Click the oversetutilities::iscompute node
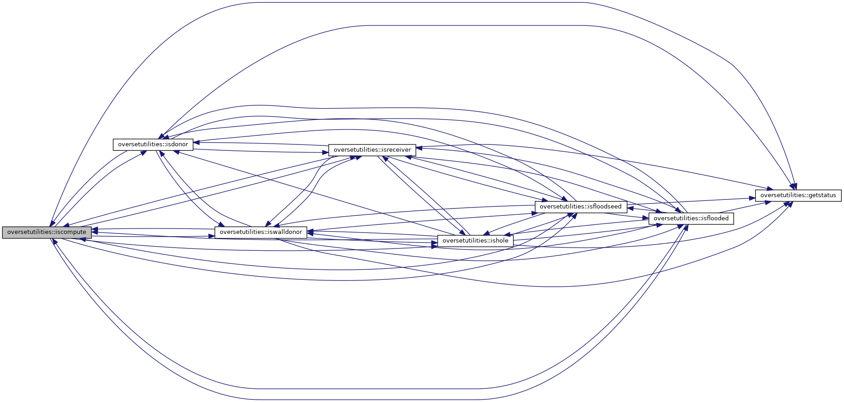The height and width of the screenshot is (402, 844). (x=47, y=232)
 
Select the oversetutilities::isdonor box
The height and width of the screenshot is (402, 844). (x=153, y=144)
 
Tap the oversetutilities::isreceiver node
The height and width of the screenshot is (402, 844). (x=372, y=150)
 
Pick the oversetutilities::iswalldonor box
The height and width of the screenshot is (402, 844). (x=261, y=232)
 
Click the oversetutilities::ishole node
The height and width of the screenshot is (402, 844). (x=475, y=241)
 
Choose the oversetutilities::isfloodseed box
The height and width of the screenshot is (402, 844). (x=581, y=207)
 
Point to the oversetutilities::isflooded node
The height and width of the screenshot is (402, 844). (x=691, y=218)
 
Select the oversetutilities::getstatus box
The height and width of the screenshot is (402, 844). (x=798, y=195)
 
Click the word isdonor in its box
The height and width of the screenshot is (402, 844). (x=177, y=144)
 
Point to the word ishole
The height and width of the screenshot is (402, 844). (x=499, y=241)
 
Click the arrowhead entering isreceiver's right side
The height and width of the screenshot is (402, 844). (x=419, y=147)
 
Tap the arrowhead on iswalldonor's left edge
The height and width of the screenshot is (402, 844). (x=212, y=236)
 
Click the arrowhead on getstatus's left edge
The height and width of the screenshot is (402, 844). (x=752, y=199)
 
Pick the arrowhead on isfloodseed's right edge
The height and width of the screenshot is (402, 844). (x=631, y=208)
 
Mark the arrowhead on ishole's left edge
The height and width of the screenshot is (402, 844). (x=434, y=244)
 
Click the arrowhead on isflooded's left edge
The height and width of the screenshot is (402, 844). (x=646, y=218)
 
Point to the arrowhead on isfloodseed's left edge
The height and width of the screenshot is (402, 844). (x=532, y=213)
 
